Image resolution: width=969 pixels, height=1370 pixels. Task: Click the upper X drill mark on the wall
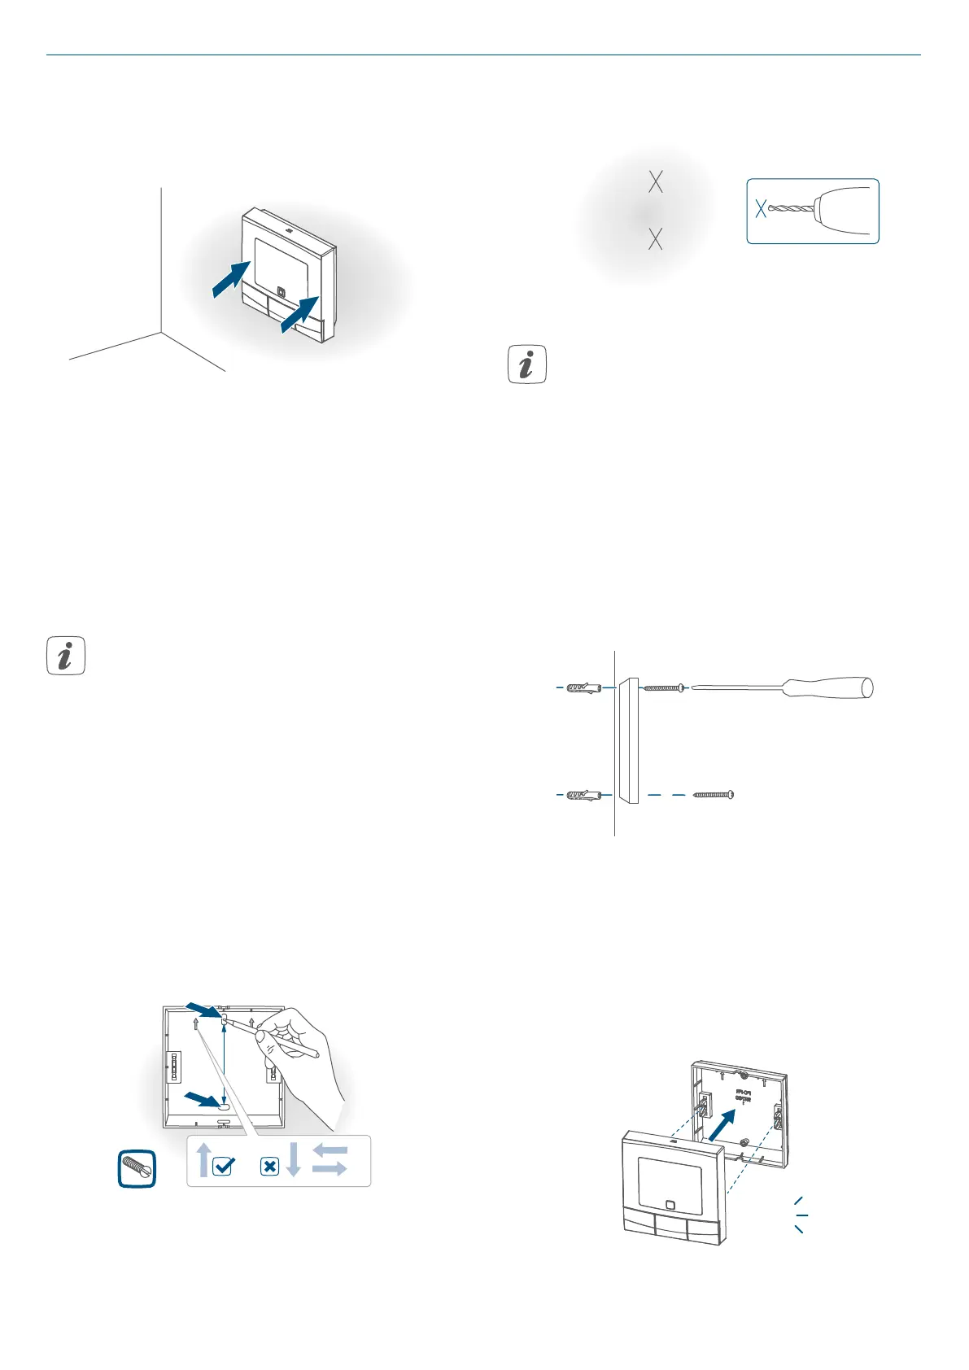pos(655,182)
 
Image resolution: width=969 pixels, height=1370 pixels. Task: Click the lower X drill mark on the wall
pos(655,238)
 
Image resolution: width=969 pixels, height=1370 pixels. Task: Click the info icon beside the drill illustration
pos(526,364)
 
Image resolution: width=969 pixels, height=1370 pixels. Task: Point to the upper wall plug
pos(583,688)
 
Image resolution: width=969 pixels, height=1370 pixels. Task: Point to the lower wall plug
pos(583,794)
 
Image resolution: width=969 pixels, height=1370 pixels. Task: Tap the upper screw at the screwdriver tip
pos(664,688)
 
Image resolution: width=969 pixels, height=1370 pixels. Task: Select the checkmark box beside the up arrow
pos(222,1167)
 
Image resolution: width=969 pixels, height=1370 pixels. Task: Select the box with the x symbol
pos(269,1167)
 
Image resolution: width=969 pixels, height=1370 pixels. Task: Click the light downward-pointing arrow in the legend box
pos(293,1159)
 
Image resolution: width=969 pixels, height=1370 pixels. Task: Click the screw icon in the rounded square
pos(137,1169)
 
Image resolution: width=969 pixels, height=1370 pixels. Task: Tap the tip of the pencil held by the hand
pos(227,1019)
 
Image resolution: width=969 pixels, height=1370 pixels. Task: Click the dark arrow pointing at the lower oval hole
pos(201,1098)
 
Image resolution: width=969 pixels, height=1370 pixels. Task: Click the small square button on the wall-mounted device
pos(282,290)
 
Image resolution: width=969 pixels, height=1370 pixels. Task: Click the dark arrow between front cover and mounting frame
pos(727,1128)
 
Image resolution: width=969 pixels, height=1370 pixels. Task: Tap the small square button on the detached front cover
pos(669,1205)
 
